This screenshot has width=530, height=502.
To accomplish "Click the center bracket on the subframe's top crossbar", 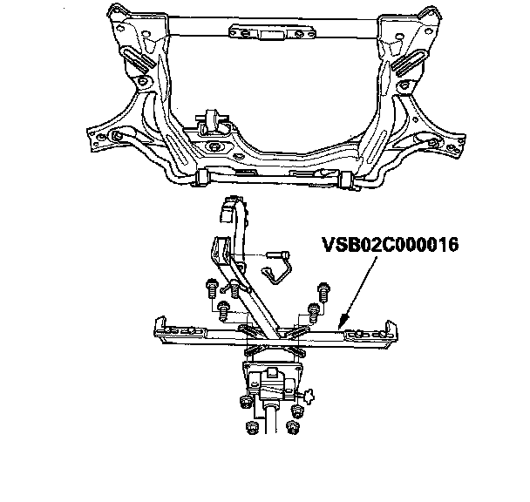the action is pos(259,32).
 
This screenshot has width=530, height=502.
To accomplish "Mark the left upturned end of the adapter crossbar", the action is pos(157,327).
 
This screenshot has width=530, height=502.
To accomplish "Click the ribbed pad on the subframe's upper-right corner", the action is pos(406,64).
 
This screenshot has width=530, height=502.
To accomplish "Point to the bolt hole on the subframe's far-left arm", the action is pos(116,138).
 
